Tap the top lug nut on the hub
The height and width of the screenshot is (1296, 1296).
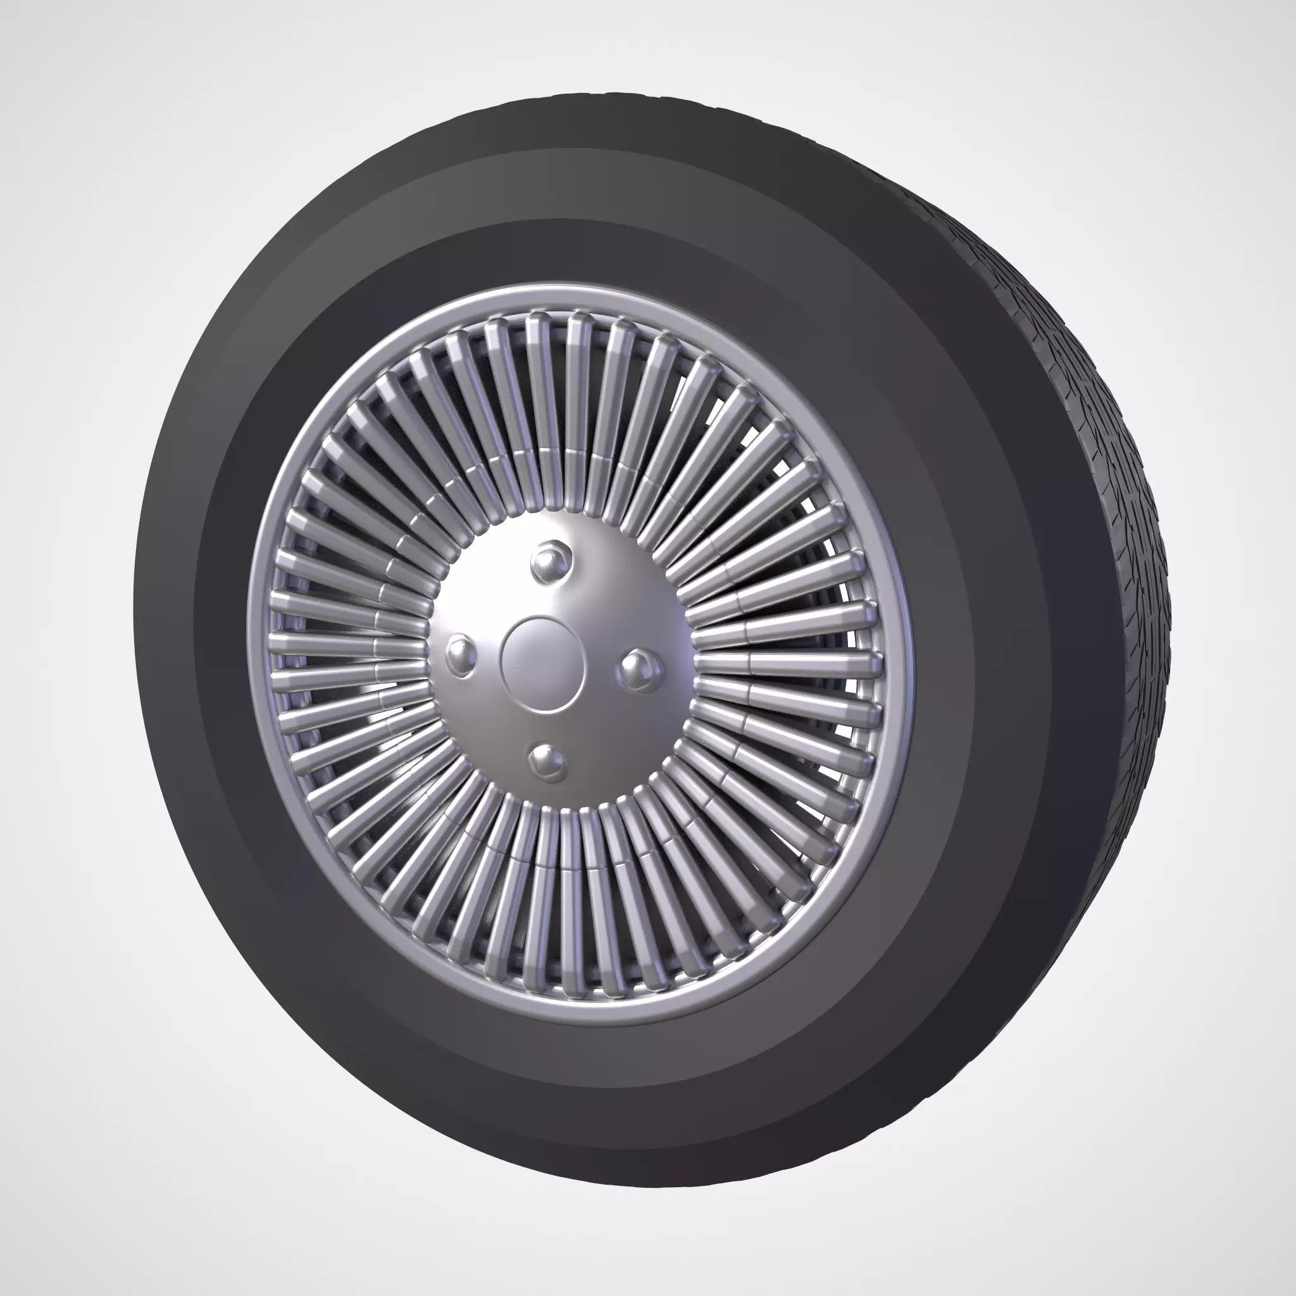pyautogui.click(x=551, y=560)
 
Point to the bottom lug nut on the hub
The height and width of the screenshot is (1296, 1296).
pyautogui.click(x=547, y=761)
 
